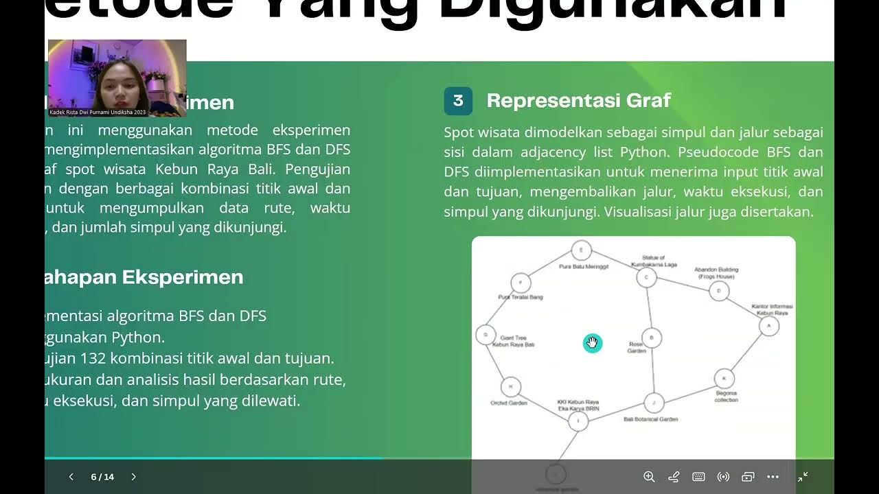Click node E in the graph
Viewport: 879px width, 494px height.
581,250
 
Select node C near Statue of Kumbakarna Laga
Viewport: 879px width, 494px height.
646,277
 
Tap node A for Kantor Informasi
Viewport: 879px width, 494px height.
768,326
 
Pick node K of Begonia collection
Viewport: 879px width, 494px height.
724,378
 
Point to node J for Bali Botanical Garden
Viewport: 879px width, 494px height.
654,403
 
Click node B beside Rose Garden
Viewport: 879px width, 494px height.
652,338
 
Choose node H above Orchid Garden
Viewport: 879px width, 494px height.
510,387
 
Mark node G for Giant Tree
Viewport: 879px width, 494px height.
486,335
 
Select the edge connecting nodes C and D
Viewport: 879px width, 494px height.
682,284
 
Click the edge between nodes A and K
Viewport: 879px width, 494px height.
746,352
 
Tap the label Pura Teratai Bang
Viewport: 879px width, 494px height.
521,297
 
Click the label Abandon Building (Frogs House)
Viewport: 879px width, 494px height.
716,273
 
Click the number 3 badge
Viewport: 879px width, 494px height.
458,101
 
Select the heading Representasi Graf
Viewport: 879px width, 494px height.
578,101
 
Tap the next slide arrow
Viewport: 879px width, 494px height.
134,477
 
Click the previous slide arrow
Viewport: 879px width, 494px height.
71,477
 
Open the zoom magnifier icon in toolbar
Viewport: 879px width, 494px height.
649,477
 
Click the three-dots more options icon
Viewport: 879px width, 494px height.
773,477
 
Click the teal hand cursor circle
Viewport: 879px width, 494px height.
593,343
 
